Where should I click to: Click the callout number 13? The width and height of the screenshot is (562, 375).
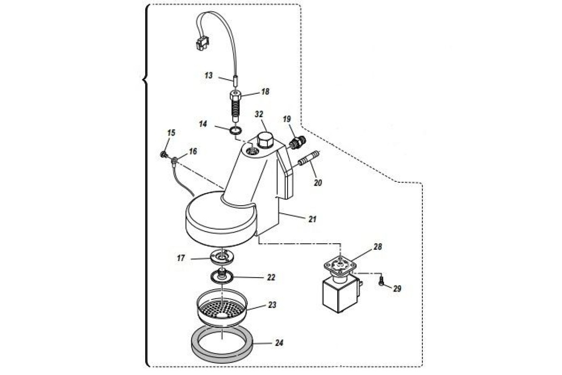click(208, 75)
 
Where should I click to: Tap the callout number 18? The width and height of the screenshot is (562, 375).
click(265, 92)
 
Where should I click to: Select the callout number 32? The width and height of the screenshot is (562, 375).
click(259, 114)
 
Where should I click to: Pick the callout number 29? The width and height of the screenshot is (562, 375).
click(397, 289)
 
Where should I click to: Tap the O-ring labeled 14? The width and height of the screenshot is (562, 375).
click(236, 129)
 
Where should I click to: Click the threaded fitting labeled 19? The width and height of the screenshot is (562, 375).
click(296, 142)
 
